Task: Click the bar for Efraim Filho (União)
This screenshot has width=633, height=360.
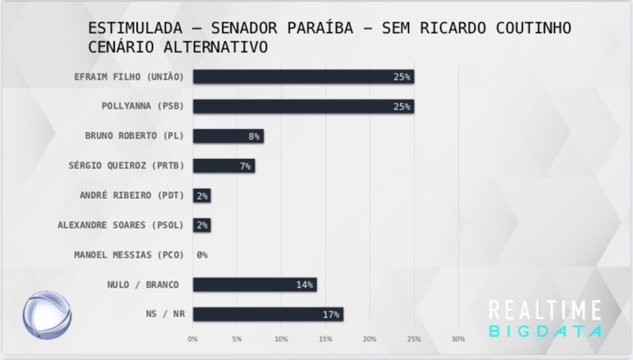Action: pyautogui.click(x=303, y=77)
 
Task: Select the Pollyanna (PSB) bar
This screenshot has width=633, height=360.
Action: pyautogui.click(x=303, y=106)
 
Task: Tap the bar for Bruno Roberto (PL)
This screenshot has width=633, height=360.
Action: pyautogui.click(x=228, y=136)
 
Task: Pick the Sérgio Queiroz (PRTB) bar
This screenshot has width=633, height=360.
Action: pyautogui.click(x=223, y=166)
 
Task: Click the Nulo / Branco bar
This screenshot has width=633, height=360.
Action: pyautogui.click(x=254, y=284)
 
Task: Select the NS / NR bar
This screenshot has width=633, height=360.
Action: pyautogui.click(x=268, y=314)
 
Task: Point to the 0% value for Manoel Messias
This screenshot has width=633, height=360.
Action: pyautogui.click(x=202, y=255)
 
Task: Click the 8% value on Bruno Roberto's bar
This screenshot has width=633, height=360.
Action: pyautogui.click(x=254, y=136)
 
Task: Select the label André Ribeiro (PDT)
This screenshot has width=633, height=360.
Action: pyautogui.click(x=132, y=195)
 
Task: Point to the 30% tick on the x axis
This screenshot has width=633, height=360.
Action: pyautogui.click(x=459, y=339)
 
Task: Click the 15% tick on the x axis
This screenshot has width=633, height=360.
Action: pyautogui.click(x=326, y=339)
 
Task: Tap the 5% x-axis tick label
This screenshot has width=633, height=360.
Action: pyautogui.click(x=237, y=339)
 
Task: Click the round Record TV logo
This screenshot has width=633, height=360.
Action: pyautogui.click(x=45, y=314)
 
